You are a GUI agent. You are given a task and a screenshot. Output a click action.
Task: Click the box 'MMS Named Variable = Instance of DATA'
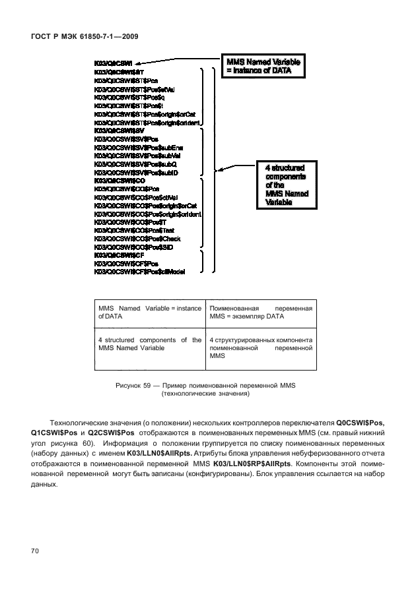pos(263,64)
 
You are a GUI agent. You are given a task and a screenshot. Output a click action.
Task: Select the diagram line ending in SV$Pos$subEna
pos(138,148)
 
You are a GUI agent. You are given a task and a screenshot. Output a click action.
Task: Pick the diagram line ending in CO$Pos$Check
pos(137,238)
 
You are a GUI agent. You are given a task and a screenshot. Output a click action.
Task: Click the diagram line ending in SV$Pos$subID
pos(136,172)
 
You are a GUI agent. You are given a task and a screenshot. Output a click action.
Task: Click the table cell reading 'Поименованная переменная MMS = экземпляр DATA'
pos(260,313)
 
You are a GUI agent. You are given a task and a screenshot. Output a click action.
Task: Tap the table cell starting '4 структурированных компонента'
pos(260,347)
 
